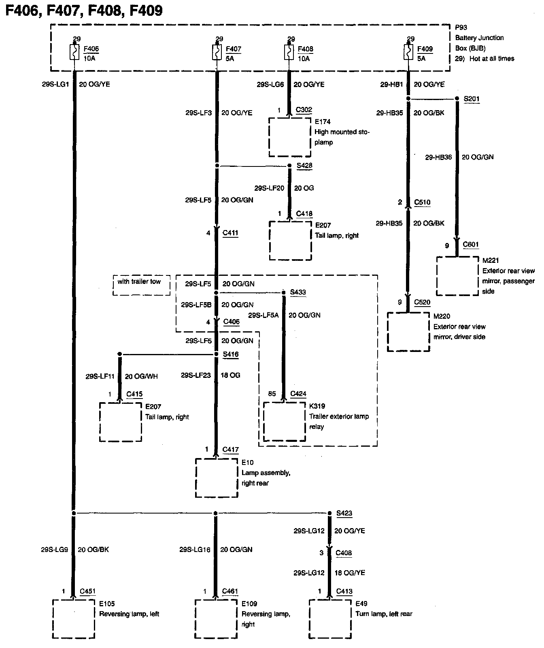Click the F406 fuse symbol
tap(74, 53)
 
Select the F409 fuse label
tap(425, 49)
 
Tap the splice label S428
tap(304, 166)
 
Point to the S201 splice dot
tap(457, 98)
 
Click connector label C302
tap(304, 110)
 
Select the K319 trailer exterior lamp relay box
tap(285, 422)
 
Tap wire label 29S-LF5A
tap(263, 315)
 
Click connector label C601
tap(471, 244)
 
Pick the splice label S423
tap(344, 513)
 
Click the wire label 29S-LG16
tap(195, 550)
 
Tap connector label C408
tap(344, 553)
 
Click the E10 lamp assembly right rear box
tap(217, 478)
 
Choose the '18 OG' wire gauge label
tap(230, 375)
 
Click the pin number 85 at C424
tap(272, 394)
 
